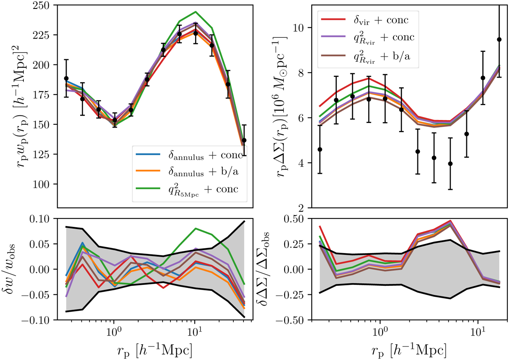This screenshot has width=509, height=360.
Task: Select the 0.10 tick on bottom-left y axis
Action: click(x=37, y=219)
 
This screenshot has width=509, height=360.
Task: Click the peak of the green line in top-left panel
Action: click(x=195, y=11)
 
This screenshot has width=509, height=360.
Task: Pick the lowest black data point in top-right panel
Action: click(x=450, y=164)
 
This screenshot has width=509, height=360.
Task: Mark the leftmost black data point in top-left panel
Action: click(x=66, y=78)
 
